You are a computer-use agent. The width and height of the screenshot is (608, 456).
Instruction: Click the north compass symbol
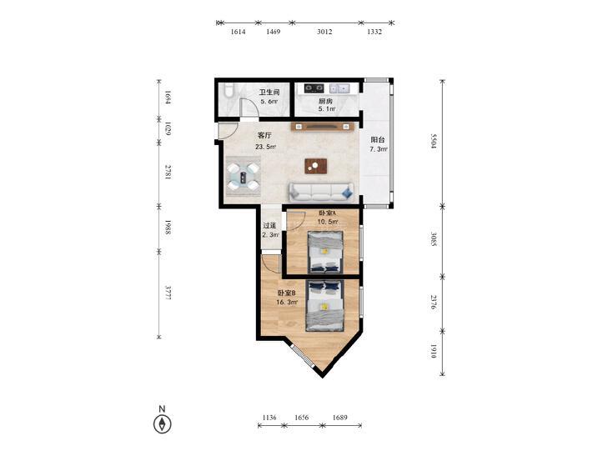click(163, 423)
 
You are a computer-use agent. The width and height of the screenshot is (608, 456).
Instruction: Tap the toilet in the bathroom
click(229, 89)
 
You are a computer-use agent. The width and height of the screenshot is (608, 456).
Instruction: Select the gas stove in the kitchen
click(314, 88)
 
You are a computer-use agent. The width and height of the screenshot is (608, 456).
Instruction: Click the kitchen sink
click(339, 88)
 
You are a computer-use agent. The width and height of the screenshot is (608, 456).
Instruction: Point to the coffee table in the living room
click(315, 166)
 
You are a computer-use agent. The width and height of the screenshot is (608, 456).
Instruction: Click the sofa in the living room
click(321, 193)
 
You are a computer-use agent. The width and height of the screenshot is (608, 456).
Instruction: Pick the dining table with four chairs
click(244, 177)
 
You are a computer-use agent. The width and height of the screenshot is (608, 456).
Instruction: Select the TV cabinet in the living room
click(321, 127)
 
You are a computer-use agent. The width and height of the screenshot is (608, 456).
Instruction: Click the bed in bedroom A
click(325, 252)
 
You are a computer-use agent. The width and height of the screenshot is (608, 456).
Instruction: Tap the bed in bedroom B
click(325, 306)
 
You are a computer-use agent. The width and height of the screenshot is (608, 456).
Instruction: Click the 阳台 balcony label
click(378, 140)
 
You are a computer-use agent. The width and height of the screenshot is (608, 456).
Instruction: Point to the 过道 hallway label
click(269, 225)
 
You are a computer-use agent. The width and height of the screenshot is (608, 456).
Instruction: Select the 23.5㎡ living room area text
click(265, 147)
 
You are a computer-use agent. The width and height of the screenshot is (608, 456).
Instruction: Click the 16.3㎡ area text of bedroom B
click(287, 302)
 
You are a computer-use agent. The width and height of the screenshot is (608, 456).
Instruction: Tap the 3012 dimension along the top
click(324, 32)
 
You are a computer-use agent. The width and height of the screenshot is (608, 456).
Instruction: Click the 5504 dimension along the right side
click(434, 142)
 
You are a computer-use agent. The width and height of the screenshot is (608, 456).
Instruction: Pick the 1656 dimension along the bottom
click(302, 418)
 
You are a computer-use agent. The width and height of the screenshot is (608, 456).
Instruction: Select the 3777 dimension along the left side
click(168, 293)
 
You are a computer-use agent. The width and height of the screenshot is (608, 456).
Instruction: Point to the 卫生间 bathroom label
click(269, 93)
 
